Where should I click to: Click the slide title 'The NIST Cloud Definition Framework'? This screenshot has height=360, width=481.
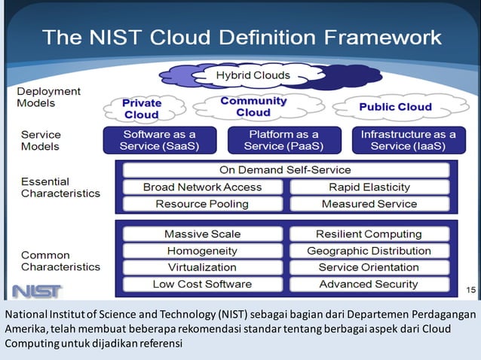click(241, 36)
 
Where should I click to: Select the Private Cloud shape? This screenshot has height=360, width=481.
click(142, 109)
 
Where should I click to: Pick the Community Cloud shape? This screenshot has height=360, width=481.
click(253, 106)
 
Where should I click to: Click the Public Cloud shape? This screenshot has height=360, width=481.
click(395, 107)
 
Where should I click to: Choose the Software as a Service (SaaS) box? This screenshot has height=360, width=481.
click(159, 140)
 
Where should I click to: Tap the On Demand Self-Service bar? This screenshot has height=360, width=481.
click(285, 169)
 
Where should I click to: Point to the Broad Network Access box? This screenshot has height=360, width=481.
click(202, 187)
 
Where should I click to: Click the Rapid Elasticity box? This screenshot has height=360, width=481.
click(369, 187)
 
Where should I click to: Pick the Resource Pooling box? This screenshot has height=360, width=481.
click(202, 203)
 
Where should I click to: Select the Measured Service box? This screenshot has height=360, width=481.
click(369, 203)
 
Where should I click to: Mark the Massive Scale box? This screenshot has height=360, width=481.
click(202, 234)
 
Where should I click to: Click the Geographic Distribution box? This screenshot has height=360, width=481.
click(369, 251)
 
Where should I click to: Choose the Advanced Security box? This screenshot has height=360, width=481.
click(369, 284)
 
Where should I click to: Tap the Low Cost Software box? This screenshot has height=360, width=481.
click(202, 284)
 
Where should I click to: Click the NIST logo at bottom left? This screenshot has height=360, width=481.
click(37, 291)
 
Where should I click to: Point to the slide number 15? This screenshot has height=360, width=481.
click(470, 289)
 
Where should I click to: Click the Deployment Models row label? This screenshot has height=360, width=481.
click(48, 97)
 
